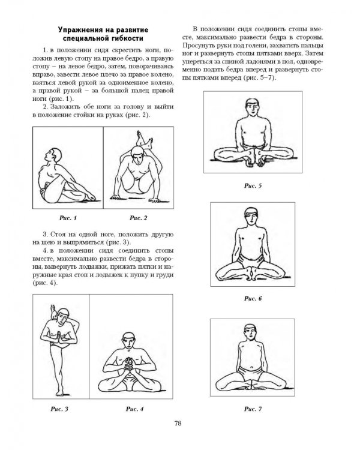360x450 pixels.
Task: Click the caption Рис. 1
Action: pos(68,218)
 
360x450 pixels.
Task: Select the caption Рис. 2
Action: pos(139,218)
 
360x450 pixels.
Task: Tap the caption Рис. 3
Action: pos(59,409)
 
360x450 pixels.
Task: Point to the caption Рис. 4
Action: pos(134,409)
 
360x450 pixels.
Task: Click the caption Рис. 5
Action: pos(253,185)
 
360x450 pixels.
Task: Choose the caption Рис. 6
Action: pos(253,298)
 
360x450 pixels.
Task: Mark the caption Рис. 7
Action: pos(253,409)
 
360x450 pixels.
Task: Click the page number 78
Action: pos(178,424)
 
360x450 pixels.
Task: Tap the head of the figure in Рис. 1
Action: pos(54,155)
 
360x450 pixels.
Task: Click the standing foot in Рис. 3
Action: pos(60,392)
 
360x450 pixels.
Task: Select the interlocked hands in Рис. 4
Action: pos(130,364)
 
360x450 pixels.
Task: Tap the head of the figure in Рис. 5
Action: pos(253,107)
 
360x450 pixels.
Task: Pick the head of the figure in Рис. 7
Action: pos(251,332)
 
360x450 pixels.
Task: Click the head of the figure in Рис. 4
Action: pos(128,340)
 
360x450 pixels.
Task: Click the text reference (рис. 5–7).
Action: pos(260,78)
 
